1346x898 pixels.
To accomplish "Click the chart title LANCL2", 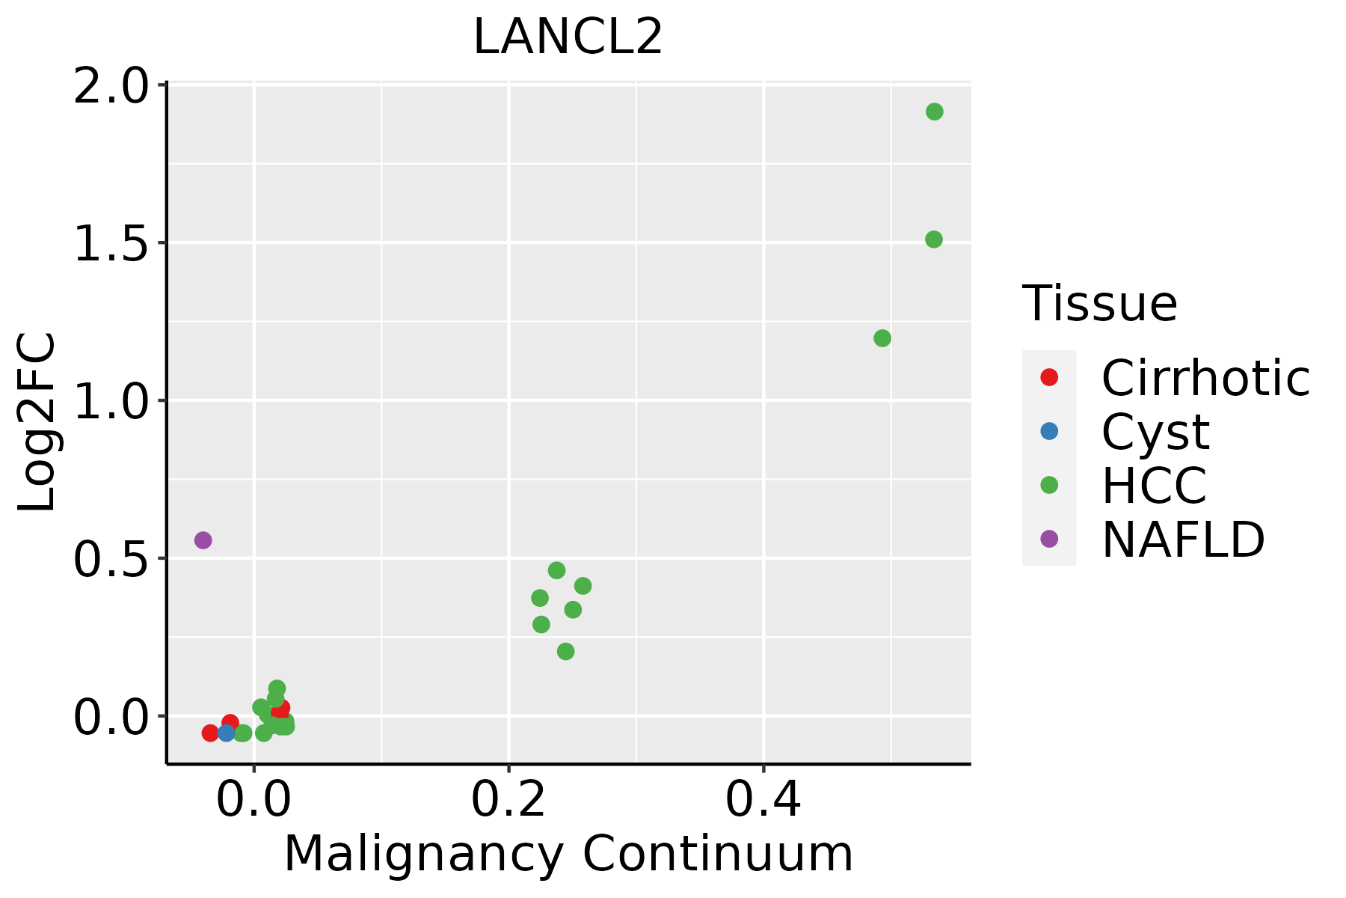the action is pyautogui.click(x=568, y=37).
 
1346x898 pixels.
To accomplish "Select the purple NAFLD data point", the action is pyautogui.click(x=203, y=540).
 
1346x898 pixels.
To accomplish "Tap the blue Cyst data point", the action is pyautogui.click(x=227, y=733).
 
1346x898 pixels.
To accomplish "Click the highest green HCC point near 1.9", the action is pyautogui.click(x=935, y=112).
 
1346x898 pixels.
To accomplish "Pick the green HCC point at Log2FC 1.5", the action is pyautogui.click(x=934, y=239).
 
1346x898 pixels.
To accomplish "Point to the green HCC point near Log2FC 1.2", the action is pyautogui.click(x=882, y=338).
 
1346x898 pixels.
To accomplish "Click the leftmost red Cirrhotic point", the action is pyautogui.click(x=210, y=733).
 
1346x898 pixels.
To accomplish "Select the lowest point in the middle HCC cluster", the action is pyautogui.click(x=566, y=652).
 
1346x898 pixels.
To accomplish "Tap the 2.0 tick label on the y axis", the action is pyautogui.click(x=111, y=87).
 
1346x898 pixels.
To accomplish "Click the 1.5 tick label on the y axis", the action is pyautogui.click(x=111, y=244).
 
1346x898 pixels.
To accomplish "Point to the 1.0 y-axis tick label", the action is pyautogui.click(x=111, y=402).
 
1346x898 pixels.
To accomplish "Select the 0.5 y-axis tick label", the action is pyautogui.click(x=111, y=560).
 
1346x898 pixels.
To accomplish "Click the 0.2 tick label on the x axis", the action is pyautogui.click(x=508, y=800).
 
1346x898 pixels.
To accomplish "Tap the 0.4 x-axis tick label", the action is pyautogui.click(x=763, y=800).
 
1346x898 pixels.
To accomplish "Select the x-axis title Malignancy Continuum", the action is pyautogui.click(x=568, y=855).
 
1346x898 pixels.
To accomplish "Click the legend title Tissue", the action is pyautogui.click(x=1100, y=303).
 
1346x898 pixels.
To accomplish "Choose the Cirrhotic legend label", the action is pyautogui.click(x=1205, y=378).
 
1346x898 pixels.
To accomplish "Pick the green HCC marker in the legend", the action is pyautogui.click(x=1049, y=485).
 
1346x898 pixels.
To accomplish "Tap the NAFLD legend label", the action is pyautogui.click(x=1184, y=540).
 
